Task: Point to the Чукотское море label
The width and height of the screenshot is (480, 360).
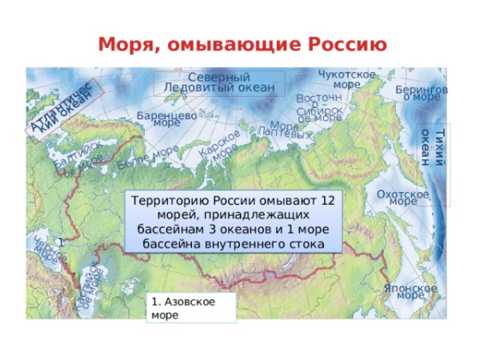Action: tap(346, 79)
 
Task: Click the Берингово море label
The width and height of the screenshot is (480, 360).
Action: tap(422, 93)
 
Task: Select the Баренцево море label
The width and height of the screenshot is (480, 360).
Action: tap(166, 119)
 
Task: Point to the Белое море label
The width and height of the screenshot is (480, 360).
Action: tap(147, 157)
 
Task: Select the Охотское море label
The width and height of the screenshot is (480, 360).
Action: tap(402, 198)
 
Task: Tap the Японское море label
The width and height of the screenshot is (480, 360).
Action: tap(410, 291)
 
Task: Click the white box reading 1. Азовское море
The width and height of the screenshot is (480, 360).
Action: tap(192, 307)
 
